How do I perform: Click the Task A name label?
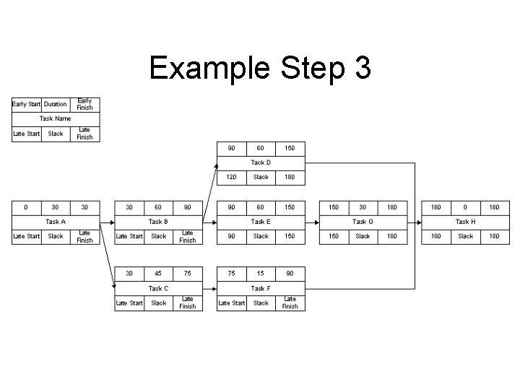56,222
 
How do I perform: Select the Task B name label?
158,222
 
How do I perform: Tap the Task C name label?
158,288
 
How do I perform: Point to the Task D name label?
261,162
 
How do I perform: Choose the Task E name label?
261,222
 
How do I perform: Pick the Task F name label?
261,288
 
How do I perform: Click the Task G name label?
363,222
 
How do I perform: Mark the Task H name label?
466,222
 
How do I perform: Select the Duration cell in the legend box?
56,104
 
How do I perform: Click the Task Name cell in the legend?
56,118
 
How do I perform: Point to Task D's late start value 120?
232,177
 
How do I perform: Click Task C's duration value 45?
158,274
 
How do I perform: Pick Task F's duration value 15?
261,274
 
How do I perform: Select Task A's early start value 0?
27,207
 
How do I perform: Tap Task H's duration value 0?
466,207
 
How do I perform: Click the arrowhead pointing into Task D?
215,165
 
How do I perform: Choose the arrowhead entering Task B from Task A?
111,222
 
